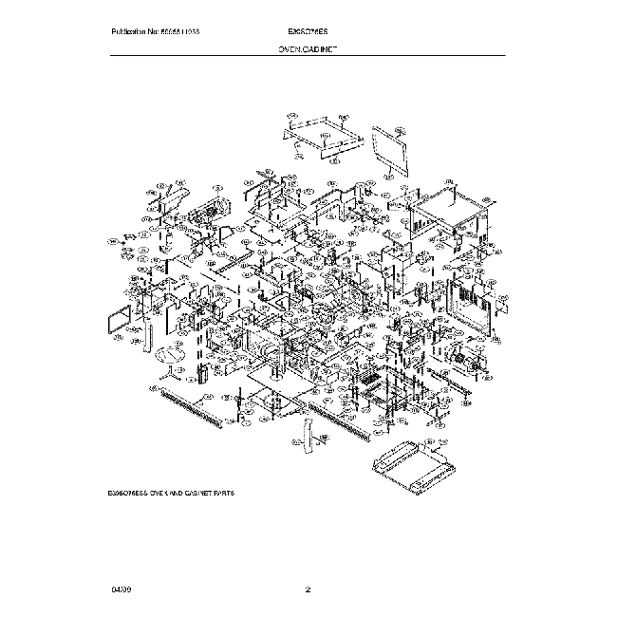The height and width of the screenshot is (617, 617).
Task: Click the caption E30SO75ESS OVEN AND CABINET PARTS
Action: tap(172, 495)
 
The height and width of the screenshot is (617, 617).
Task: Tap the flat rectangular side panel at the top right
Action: tap(389, 148)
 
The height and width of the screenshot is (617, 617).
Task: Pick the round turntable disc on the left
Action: tap(170, 355)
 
